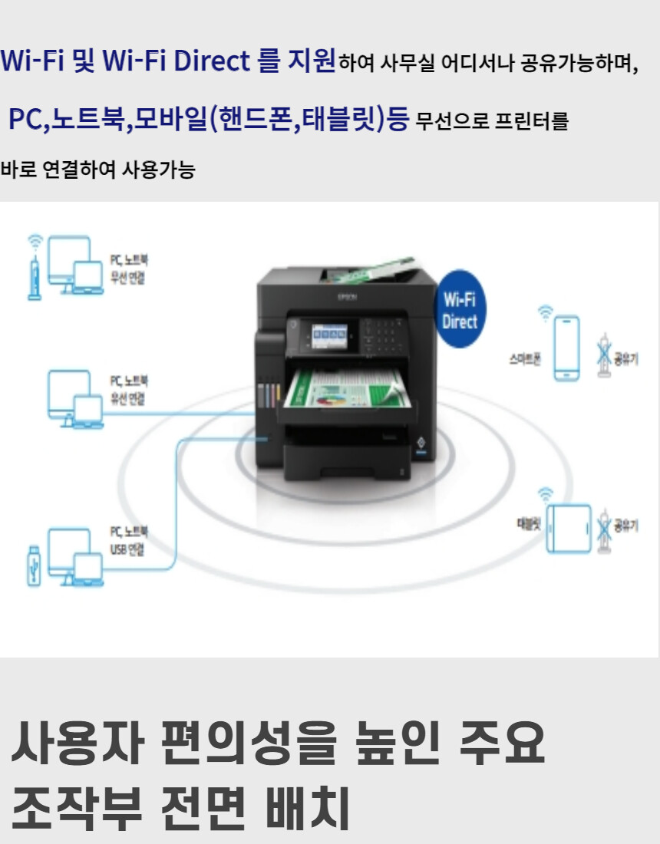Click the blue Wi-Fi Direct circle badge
pos(460,309)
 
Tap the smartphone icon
pos(567,348)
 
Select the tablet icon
pos(569,528)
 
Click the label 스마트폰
pos(525,358)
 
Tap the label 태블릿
pos(529,526)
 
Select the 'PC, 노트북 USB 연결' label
pos(127,540)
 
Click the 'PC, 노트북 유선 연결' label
pos(127,390)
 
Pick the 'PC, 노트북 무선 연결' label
pos(127,269)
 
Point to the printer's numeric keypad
pos(384,335)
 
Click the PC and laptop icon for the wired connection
pos(75,397)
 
